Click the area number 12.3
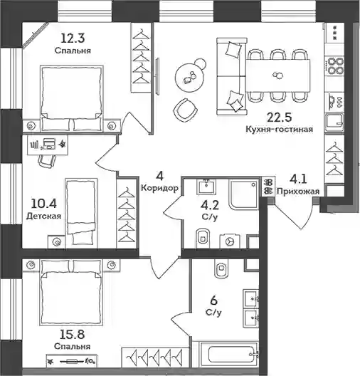click(73, 38)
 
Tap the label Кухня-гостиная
click(280, 130)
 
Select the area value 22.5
click(280, 117)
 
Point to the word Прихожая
click(298, 192)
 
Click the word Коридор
click(159, 188)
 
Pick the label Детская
click(43, 216)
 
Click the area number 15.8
click(72, 335)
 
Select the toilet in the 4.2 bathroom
click(203, 238)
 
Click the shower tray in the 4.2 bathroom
click(244, 194)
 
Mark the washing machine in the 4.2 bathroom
click(231, 241)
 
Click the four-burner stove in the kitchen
click(335, 65)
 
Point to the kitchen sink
click(335, 122)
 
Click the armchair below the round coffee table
click(185, 110)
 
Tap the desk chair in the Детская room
click(47, 161)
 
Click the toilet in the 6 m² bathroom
click(221, 268)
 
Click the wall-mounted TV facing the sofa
click(157, 76)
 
